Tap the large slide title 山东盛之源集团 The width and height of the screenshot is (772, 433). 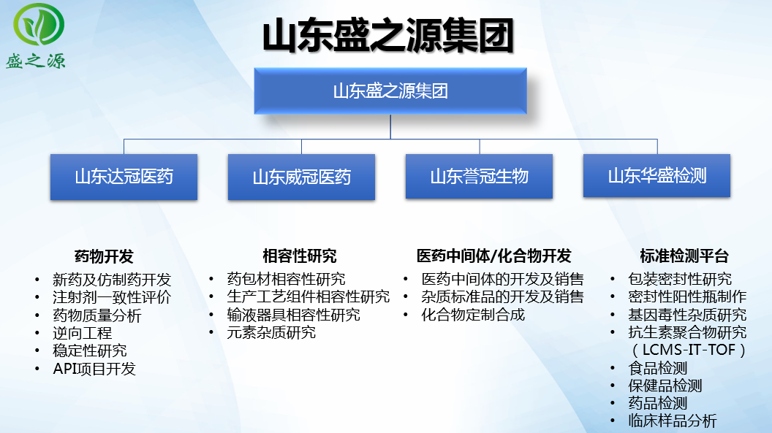click(x=388, y=36)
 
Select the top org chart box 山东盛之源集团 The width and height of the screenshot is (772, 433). click(x=390, y=91)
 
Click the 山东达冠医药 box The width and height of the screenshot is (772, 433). click(x=124, y=177)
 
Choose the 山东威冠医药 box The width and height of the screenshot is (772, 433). click(x=301, y=177)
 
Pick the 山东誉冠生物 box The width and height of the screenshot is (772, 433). click(x=479, y=177)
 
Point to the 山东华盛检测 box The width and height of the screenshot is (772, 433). click(x=656, y=176)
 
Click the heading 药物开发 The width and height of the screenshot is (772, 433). click(x=104, y=256)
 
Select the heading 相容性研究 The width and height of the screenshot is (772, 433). click(x=299, y=256)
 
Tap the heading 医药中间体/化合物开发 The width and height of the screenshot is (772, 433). click(x=493, y=256)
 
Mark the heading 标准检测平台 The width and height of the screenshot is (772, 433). click(x=684, y=256)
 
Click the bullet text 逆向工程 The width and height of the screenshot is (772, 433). click(x=82, y=333)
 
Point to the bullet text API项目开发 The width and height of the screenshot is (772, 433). click(x=94, y=369)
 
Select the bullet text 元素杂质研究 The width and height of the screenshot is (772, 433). click(x=271, y=333)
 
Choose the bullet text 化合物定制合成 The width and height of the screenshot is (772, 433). click(x=473, y=315)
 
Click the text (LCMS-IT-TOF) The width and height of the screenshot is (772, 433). click(x=689, y=350)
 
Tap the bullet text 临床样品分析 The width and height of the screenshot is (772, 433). click(x=673, y=421)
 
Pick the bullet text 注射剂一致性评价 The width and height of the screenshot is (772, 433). click(x=112, y=297)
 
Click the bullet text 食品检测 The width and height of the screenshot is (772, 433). click(x=658, y=368)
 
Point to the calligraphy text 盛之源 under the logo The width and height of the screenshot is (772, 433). click(x=35, y=61)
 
